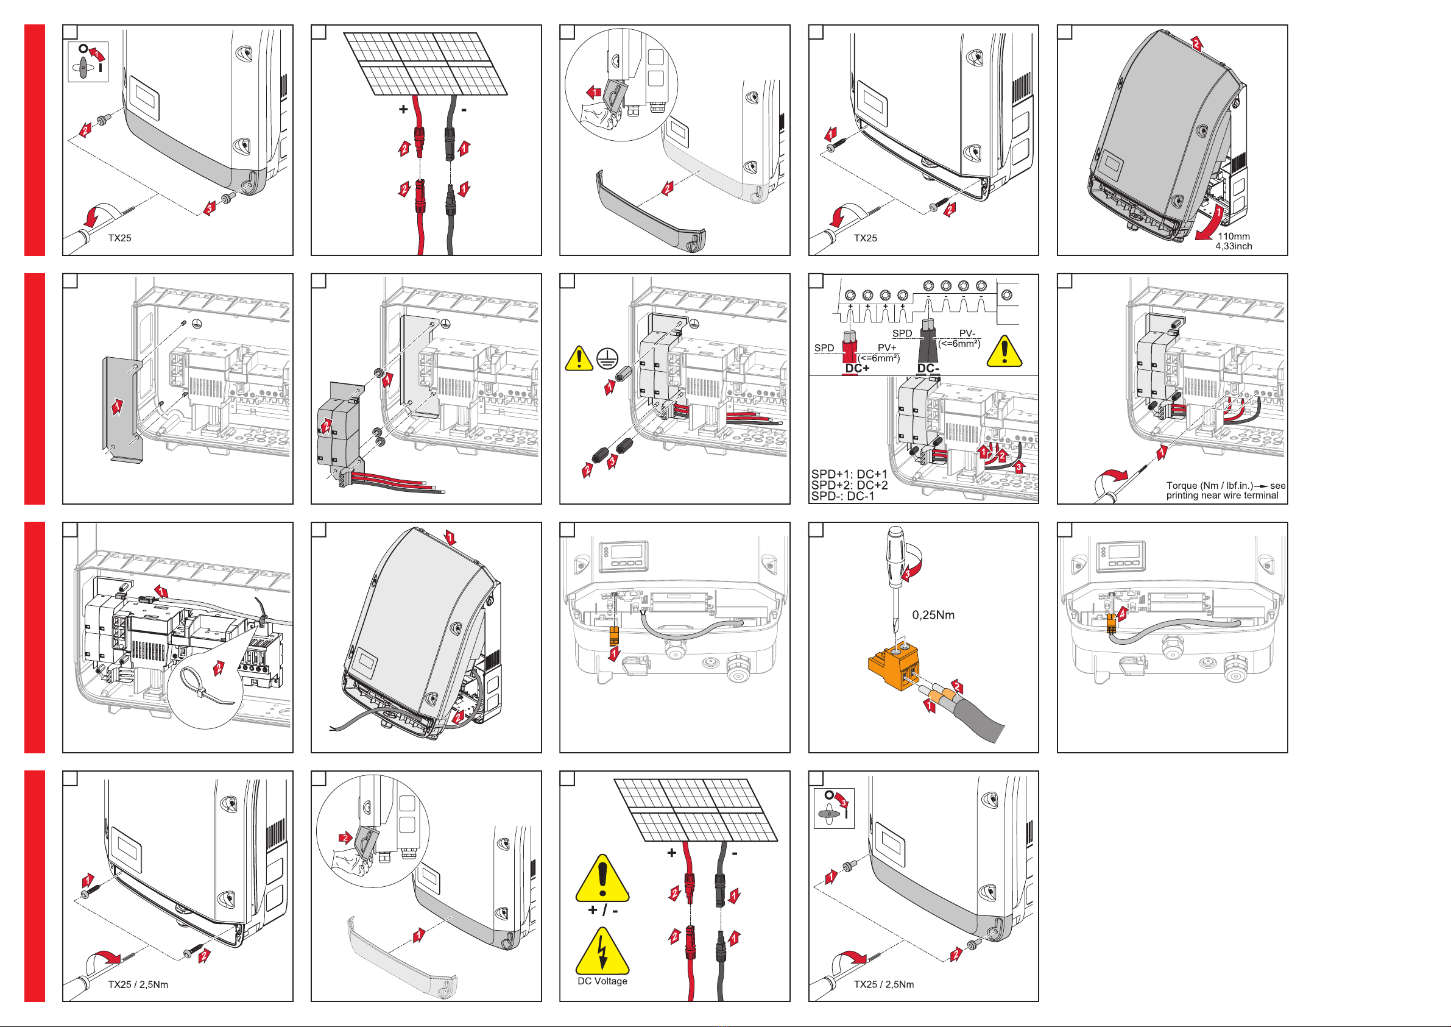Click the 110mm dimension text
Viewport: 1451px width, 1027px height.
[x=1234, y=236]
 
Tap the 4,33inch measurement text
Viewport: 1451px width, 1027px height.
[x=1234, y=246]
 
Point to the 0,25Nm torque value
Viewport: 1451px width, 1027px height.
[x=933, y=615]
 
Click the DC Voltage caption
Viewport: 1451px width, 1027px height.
[x=602, y=981]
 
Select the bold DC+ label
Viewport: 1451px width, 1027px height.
[x=857, y=368]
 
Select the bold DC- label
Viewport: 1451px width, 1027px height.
[x=928, y=368]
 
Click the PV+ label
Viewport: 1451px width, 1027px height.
[x=887, y=348]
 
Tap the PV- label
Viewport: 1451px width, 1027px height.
[x=967, y=333]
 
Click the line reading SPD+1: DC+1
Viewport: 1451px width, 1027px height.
[x=849, y=474]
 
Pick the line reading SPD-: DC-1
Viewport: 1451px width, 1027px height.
[x=842, y=496]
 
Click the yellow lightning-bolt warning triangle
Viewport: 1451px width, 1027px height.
[x=602, y=950]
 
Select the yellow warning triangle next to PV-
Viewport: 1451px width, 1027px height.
[x=1003, y=351]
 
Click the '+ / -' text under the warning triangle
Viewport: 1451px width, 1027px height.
[x=603, y=910]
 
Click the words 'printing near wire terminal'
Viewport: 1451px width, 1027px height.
[x=1222, y=495]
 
